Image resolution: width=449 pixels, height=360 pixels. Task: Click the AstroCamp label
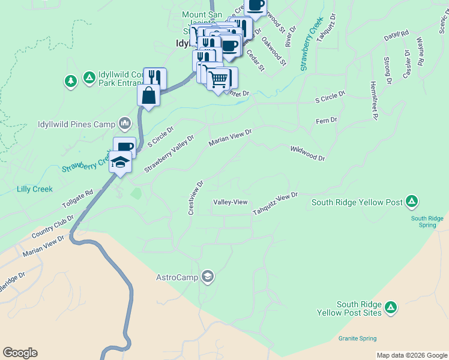click(x=178, y=277)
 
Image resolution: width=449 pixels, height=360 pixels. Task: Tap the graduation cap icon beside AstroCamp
click(x=208, y=277)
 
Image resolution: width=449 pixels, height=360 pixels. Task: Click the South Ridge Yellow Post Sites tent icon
click(x=391, y=308)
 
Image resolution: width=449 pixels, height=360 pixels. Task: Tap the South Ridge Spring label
click(x=427, y=221)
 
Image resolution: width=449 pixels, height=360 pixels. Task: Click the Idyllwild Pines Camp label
click(x=76, y=124)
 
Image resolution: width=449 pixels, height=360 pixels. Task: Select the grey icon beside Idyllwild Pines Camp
click(x=125, y=124)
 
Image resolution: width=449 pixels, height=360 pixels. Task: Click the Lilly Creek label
click(x=35, y=189)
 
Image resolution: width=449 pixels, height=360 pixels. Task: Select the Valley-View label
click(x=231, y=202)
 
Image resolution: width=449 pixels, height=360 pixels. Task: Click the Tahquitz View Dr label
click(x=275, y=205)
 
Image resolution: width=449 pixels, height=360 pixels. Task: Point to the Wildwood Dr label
click(x=307, y=153)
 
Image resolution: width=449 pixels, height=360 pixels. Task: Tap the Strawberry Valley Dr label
click(x=169, y=155)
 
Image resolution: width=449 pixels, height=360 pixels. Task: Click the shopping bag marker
click(x=148, y=95)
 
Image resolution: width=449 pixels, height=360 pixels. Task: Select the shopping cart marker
click(x=218, y=78)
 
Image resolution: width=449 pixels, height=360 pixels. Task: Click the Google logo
click(x=20, y=353)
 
